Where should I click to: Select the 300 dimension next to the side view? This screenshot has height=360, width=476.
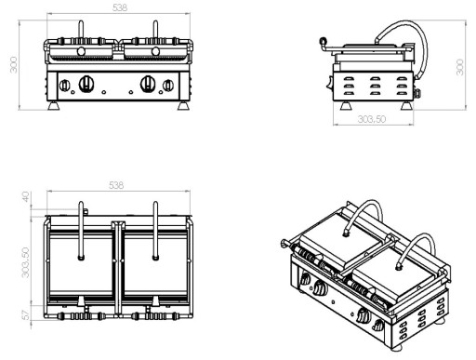click(461, 67)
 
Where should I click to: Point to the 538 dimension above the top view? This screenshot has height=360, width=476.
click(116, 186)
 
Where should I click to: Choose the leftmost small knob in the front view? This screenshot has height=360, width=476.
click(64, 87)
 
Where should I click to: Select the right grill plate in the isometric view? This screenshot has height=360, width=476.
click(387, 270)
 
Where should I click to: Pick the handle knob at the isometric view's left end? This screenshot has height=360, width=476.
click(283, 244)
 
